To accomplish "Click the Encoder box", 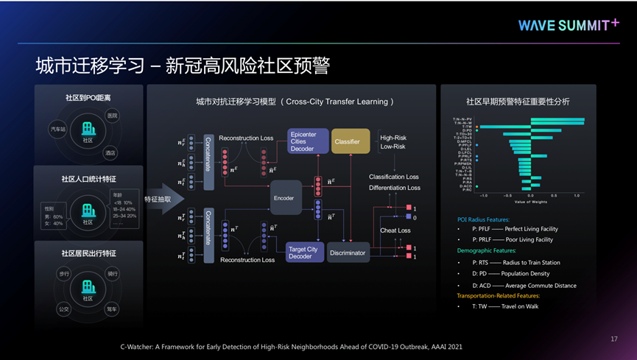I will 284,198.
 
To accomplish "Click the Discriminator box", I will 348,253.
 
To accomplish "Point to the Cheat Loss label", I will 395,230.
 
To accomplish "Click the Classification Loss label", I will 394,177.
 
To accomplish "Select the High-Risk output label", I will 393,138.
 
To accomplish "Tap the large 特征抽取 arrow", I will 162,199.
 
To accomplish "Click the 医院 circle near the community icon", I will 112,116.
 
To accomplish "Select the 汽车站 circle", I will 58,129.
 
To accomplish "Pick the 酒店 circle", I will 110,153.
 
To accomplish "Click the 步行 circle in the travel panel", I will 63,273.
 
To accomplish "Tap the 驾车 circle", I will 111,309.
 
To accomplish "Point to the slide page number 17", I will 614,339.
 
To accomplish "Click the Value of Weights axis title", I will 531,201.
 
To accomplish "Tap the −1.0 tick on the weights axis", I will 483,195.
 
